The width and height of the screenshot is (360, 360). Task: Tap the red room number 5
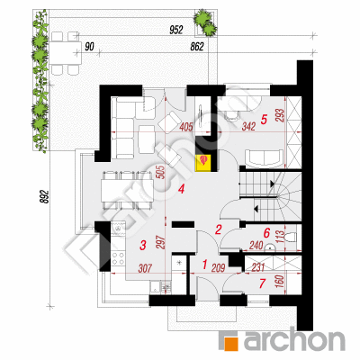coord(264,120)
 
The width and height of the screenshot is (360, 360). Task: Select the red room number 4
coord(181,189)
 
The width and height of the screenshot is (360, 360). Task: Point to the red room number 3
coord(143,245)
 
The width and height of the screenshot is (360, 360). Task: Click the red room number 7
coord(263,283)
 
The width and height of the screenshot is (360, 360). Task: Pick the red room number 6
coord(266,232)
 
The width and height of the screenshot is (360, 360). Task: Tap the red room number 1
coord(205,265)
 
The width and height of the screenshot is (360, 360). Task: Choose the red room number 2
coord(218,229)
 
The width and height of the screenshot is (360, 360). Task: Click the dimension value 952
coord(176,30)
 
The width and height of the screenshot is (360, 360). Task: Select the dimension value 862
coord(197,47)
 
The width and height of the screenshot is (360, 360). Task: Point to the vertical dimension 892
coord(45,196)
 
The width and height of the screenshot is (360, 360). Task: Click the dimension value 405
coord(186,128)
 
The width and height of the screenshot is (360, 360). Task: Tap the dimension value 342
coord(248,126)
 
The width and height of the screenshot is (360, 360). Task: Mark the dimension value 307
coord(145,268)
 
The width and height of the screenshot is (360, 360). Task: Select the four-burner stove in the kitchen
coord(118,258)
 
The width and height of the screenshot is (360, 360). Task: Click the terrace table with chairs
coord(65,53)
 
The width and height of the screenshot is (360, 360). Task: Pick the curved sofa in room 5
coord(264,158)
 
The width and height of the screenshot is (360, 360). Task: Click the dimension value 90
coord(89,47)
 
